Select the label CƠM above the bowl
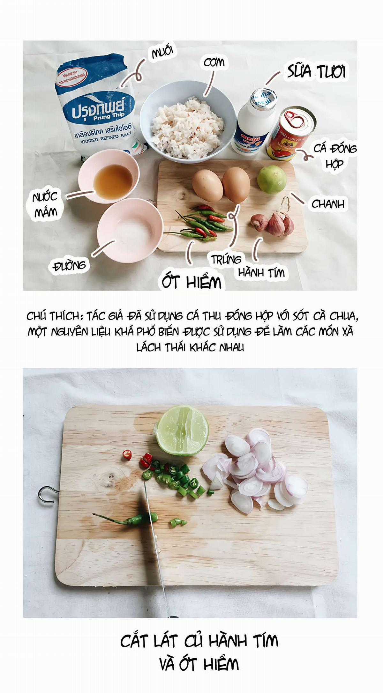click(x=214, y=63)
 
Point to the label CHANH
click(x=328, y=204)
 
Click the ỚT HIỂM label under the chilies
click(x=191, y=282)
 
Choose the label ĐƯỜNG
click(x=70, y=265)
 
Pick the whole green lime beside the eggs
click(x=272, y=179)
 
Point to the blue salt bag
click(x=97, y=105)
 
